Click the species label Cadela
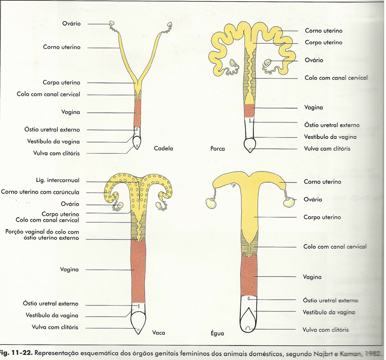(x=163, y=148)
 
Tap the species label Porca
(x=218, y=148)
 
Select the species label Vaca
(x=159, y=333)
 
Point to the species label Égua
(x=217, y=333)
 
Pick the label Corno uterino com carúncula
(x=40, y=192)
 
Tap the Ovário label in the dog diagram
(x=71, y=24)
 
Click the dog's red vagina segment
(x=137, y=113)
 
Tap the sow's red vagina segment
(x=249, y=110)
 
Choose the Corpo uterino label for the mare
(x=322, y=217)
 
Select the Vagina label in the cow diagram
(x=69, y=269)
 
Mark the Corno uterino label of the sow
(x=323, y=31)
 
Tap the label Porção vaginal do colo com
(x=42, y=232)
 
